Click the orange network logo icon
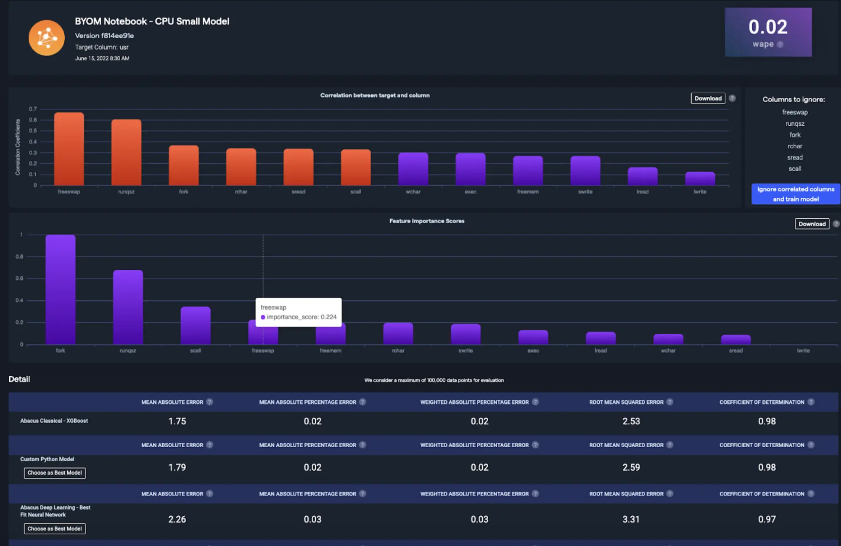click(47, 38)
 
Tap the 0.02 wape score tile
click(768, 32)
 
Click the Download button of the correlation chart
click(708, 98)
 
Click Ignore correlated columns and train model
click(796, 194)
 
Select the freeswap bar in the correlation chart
click(69, 149)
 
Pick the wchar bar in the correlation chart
click(413, 169)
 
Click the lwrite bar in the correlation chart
click(700, 178)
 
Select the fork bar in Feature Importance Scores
click(61, 289)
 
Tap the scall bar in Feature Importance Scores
click(196, 326)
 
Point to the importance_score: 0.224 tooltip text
click(301, 317)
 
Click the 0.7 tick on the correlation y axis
click(33, 109)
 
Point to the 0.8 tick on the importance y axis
click(19, 257)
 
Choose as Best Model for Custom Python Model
click(55, 473)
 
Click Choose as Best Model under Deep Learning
click(55, 529)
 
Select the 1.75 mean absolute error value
click(177, 421)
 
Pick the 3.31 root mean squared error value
click(631, 519)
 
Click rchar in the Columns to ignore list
click(795, 146)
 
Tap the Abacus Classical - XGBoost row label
click(54, 421)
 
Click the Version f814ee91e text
click(104, 36)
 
